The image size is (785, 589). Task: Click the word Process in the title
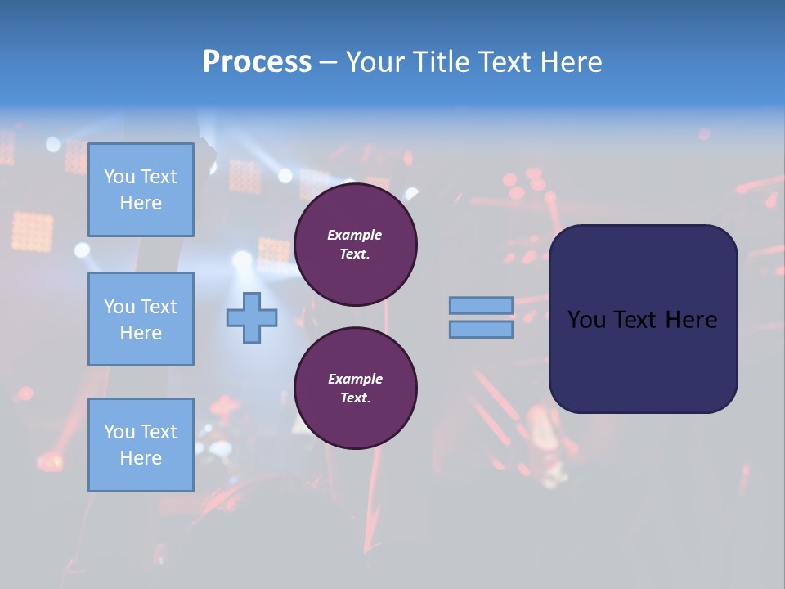(x=257, y=62)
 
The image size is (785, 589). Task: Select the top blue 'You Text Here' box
(x=141, y=190)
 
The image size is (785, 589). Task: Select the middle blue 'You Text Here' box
(x=141, y=319)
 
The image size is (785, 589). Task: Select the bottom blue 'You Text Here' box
(x=141, y=444)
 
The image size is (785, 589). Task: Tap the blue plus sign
(x=251, y=318)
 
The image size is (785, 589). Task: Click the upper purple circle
(x=355, y=245)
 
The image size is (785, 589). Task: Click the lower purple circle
(x=355, y=389)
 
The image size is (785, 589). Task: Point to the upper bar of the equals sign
(x=481, y=305)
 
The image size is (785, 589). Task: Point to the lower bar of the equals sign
(x=481, y=330)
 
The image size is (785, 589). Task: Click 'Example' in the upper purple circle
(x=355, y=235)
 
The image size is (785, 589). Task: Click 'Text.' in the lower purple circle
(x=355, y=398)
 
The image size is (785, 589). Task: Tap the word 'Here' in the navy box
(x=691, y=320)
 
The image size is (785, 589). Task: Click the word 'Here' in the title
(x=571, y=62)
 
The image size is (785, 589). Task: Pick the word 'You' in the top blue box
(x=119, y=177)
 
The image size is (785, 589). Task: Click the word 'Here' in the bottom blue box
(x=141, y=458)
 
